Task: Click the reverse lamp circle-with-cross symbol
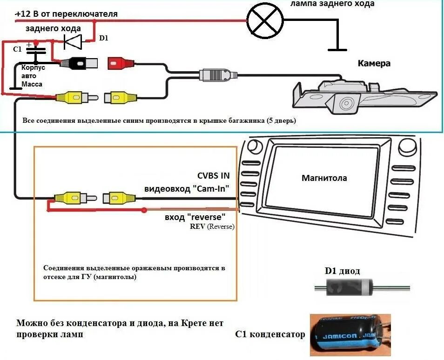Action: pos(264,20)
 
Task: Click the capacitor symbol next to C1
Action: pos(37,50)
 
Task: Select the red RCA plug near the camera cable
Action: pos(120,63)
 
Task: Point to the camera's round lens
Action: pos(346,103)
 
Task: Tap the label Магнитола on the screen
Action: pos(324,178)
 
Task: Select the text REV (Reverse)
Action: pos(212,227)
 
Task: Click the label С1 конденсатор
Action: pos(270,334)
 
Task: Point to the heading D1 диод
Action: pos(342,271)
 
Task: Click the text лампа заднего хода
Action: pos(332,4)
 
